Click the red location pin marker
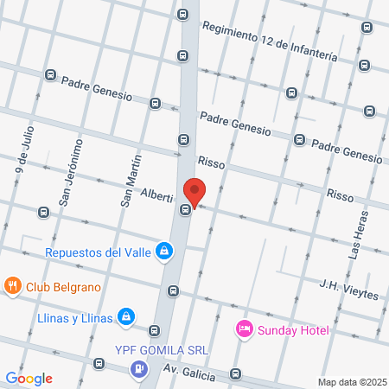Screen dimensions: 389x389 click(194, 192)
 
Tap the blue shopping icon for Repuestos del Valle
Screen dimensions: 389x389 click(164, 252)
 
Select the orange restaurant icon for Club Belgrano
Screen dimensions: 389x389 click(12, 286)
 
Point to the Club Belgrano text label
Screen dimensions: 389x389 click(63, 287)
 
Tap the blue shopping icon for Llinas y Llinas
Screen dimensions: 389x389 click(126, 317)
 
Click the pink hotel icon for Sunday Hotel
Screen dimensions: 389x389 click(244, 329)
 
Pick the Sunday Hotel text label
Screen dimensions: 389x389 click(291, 330)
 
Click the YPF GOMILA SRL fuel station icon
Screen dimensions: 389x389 click(137, 369)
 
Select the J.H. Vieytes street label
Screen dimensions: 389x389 click(348, 289)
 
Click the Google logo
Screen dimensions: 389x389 click(29, 378)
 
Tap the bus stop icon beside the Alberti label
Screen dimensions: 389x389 click(185, 209)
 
